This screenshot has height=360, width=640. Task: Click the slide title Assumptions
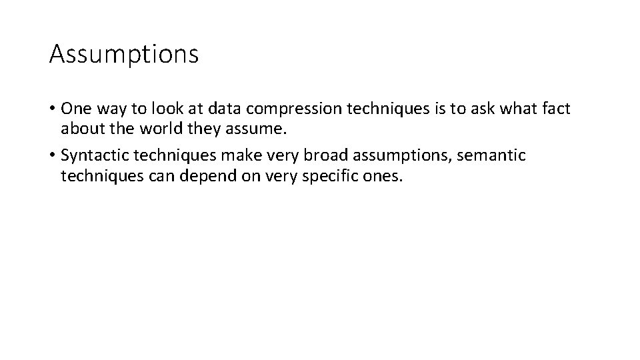click(x=124, y=54)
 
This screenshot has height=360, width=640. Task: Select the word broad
click(x=331, y=155)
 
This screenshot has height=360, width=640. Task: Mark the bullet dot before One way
click(x=53, y=109)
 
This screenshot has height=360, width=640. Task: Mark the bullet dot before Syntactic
click(x=53, y=156)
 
